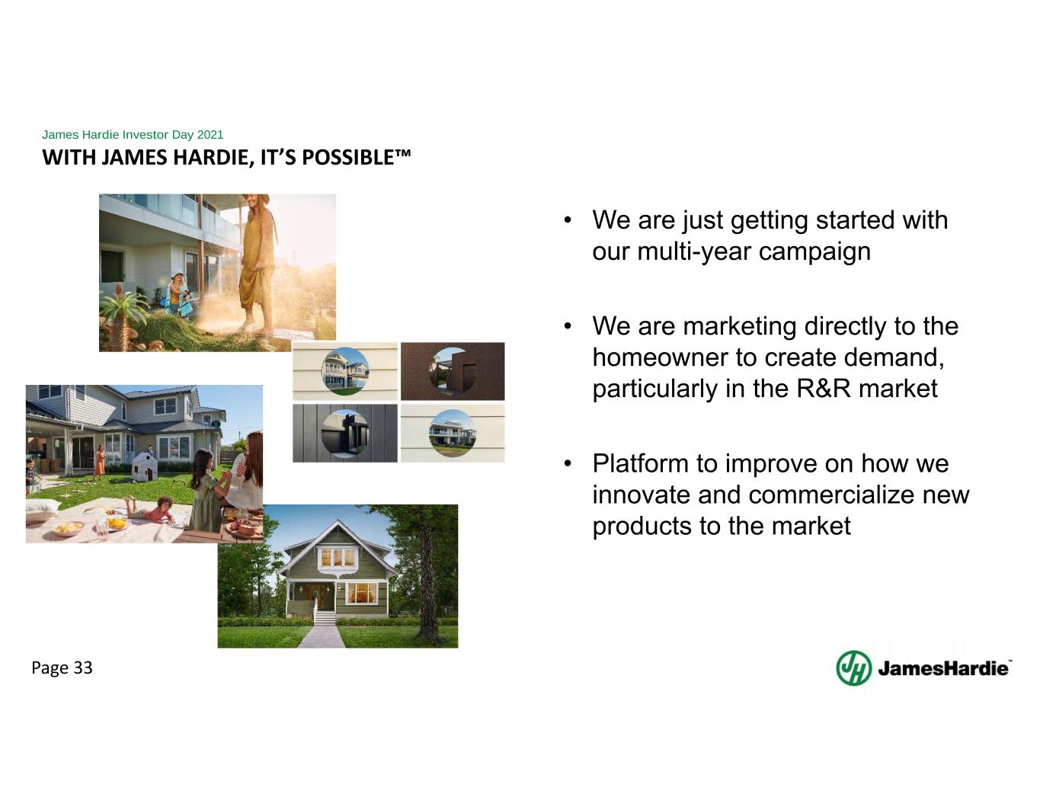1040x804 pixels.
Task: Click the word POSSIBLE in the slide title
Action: pos(356,157)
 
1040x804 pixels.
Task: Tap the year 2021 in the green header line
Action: pos(210,134)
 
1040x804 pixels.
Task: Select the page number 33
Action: pos(83,668)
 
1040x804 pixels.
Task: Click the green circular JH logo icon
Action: pos(854,668)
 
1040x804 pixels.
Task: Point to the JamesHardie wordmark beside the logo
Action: pos(945,668)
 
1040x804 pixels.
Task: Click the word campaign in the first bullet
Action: pos(814,252)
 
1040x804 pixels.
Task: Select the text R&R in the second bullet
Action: pos(824,388)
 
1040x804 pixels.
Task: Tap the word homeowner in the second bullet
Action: pos(660,357)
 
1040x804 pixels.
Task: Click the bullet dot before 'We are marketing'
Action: pos(568,327)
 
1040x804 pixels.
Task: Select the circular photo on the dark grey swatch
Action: pos(345,433)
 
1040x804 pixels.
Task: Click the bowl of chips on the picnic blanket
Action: pos(68,528)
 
